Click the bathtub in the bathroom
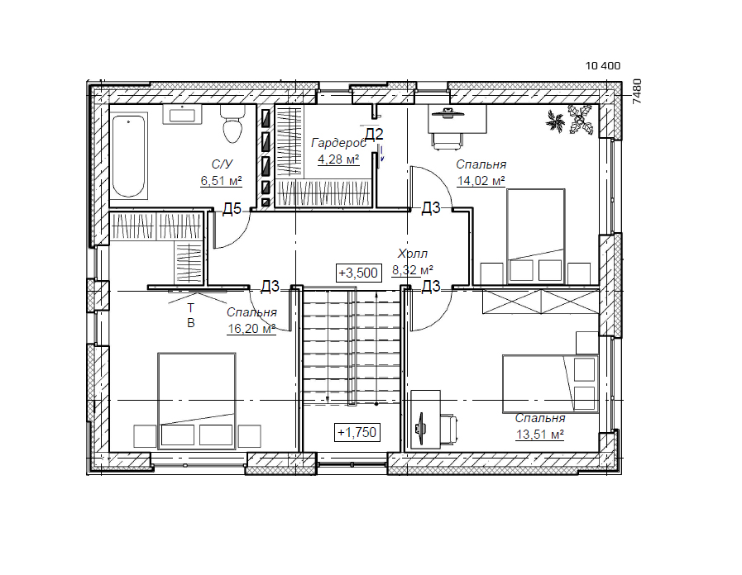tap(129, 155)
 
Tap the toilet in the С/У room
tap(232, 124)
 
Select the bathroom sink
tap(183, 114)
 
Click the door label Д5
tap(232, 208)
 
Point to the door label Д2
tap(374, 134)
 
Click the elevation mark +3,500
tap(358, 273)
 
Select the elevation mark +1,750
tap(357, 432)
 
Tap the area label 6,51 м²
tap(221, 180)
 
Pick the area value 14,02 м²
tap(481, 181)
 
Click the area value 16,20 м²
tap(251, 328)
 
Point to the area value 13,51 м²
tap(540, 435)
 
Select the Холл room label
tap(412, 254)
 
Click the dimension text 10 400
tap(603, 65)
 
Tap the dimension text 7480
tap(637, 91)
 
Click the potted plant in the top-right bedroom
tap(571, 120)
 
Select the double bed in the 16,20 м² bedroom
tap(197, 400)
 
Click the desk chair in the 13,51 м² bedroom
tap(448, 429)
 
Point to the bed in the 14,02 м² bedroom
tap(536, 236)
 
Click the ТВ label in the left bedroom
tap(191, 316)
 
